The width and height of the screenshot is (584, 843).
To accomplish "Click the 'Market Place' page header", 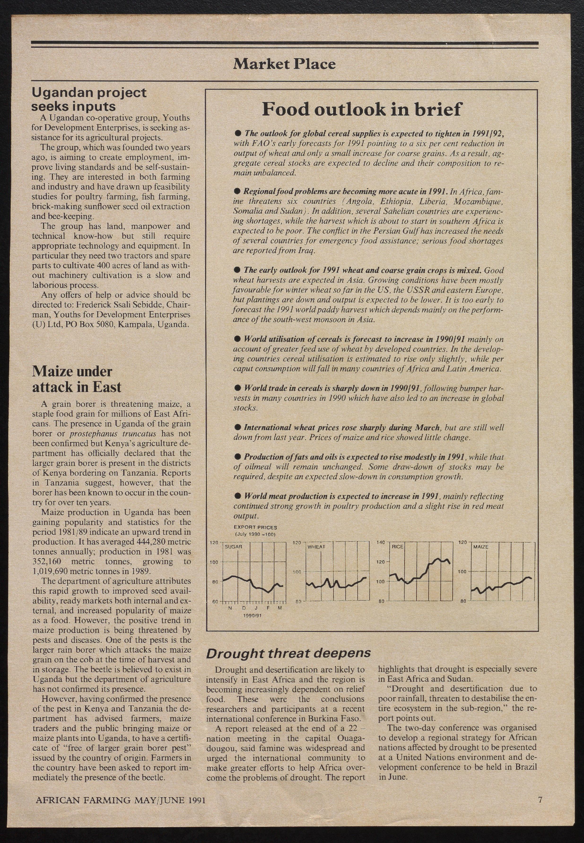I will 284,64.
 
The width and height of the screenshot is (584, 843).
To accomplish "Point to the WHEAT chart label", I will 316,547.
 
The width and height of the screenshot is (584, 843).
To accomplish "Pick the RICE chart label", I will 397,546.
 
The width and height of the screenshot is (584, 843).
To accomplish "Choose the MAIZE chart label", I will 481,547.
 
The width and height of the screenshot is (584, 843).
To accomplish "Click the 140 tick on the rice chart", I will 381,542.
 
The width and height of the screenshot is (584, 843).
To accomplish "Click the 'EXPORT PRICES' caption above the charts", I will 255,527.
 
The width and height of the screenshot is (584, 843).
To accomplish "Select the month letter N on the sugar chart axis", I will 230,608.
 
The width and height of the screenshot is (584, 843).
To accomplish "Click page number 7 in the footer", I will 540,799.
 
